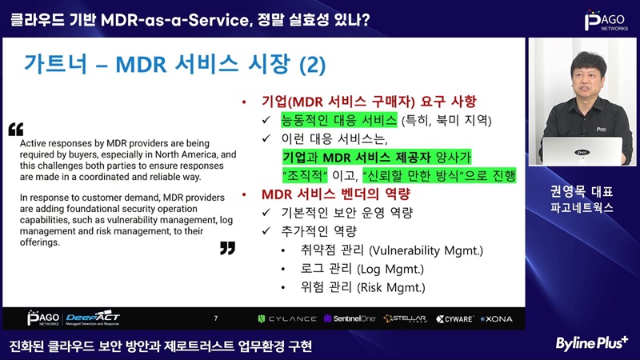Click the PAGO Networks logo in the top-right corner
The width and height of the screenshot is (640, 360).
tap(606, 21)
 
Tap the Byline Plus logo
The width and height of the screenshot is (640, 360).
tap(591, 344)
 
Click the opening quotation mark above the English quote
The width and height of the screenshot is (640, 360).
tap(16, 129)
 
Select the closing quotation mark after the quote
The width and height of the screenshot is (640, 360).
tap(227, 248)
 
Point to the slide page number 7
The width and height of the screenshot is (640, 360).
tap(215, 318)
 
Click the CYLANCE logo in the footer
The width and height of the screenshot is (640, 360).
tap(287, 318)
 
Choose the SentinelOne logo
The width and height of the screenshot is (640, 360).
tap(350, 318)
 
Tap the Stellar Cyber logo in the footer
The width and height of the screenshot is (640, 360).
tap(406, 318)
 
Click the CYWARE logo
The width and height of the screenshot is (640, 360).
tap(454, 318)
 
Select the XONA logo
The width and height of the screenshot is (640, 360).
tap(496, 318)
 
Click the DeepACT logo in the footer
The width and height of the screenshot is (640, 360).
tap(93, 318)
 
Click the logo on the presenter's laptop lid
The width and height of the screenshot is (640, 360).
tap(582, 153)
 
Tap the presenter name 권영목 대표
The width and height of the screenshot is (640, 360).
tap(582, 191)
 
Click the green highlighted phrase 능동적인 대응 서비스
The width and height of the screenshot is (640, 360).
tap(338, 120)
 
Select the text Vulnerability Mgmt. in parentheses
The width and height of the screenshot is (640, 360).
tap(426, 250)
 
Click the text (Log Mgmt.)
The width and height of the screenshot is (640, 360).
tap(390, 269)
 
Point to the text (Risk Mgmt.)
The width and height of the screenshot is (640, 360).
tap(391, 287)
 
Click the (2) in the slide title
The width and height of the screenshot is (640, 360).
tap(313, 65)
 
